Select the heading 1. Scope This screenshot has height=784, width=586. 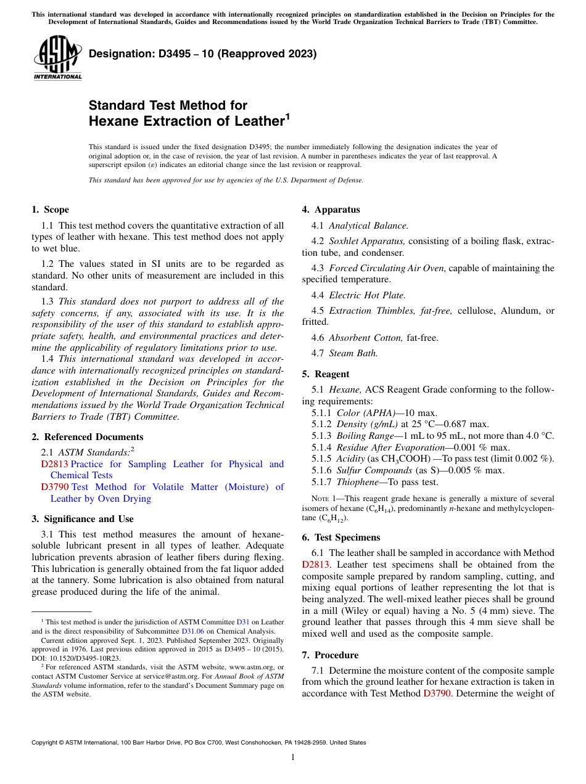click(x=51, y=210)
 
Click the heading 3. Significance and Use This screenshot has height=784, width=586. click(x=83, y=519)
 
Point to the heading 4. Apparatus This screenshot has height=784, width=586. click(x=331, y=210)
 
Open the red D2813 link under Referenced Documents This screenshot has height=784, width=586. click(x=55, y=464)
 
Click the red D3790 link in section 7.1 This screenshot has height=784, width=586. click(x=436, y=693)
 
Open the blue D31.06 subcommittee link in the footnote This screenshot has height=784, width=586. click(x=192, y=631)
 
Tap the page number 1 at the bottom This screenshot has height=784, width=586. click(x=293, y=757)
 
